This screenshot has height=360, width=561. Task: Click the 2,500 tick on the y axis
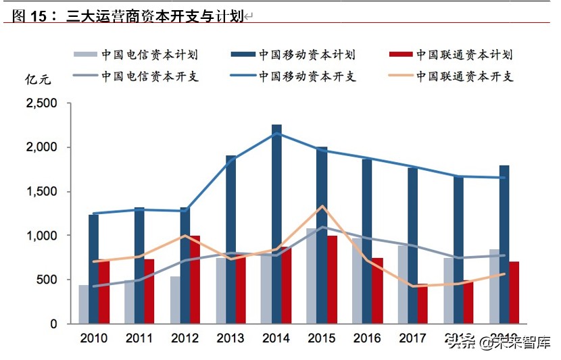point(42,103)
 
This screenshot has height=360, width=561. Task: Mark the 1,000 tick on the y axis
point(42,236)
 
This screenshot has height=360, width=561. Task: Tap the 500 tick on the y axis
point(47,280)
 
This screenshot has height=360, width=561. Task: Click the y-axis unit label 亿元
point(38,80)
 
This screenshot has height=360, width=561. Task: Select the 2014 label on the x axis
point(276,338)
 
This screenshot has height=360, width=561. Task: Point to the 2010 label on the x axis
point(93,338)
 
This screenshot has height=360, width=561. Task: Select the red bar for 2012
point(195,280)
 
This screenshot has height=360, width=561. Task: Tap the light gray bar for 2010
point(83,305)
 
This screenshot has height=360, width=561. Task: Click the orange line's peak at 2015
point(322,206)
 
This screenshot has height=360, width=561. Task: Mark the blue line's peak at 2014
point(276,133)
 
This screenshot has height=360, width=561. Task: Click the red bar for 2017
point(422,304)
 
